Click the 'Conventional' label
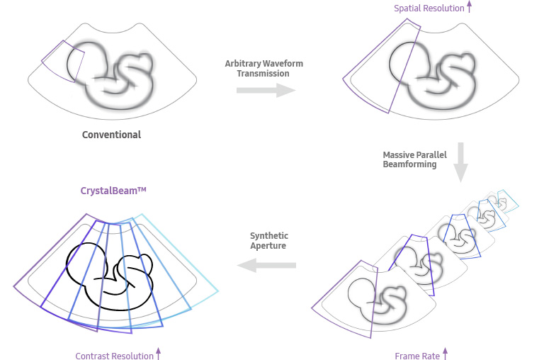(111, 135)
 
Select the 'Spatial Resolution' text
(429, 9)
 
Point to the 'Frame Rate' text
(417, 356)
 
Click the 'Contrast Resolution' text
(115, 356)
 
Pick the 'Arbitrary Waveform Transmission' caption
(263, 69)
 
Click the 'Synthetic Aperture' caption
(269, 240)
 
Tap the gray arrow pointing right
(266, 90)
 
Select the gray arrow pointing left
(266, 265)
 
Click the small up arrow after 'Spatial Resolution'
(469, 8)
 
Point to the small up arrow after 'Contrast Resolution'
(158, 354)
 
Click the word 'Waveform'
(283, 64)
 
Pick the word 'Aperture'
(269, 245)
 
